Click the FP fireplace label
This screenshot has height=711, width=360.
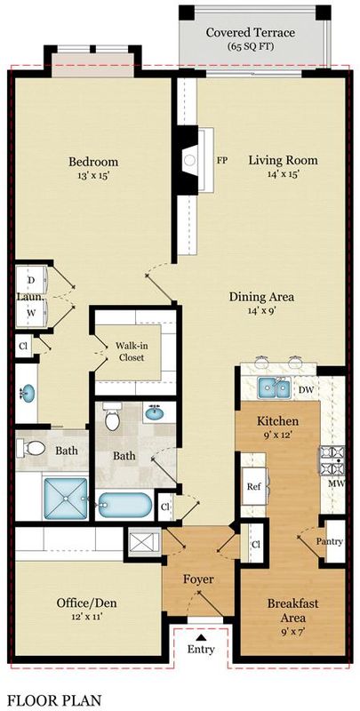[222, 160]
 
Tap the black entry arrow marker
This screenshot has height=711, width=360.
[200, 637]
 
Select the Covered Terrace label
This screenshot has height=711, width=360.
[251, 33]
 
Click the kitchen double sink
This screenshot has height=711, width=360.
[274, 388]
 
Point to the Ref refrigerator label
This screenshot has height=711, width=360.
[254, 487]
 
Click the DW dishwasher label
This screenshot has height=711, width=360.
[307, 389]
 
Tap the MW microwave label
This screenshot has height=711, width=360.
[336, 483]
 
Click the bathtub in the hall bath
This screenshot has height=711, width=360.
[125, 504]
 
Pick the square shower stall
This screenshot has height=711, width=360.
[66, 499]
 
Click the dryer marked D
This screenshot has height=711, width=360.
[31, 280]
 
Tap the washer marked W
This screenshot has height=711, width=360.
[31, 312]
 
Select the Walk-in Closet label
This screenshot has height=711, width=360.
[132, 351]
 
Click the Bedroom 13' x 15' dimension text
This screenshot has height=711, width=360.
[93, 176]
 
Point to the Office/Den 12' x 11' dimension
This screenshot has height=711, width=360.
[86, 617]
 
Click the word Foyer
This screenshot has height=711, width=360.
[198, 579]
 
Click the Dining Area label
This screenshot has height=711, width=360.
[261, 297]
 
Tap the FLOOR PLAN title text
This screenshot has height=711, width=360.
[54, 700]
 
